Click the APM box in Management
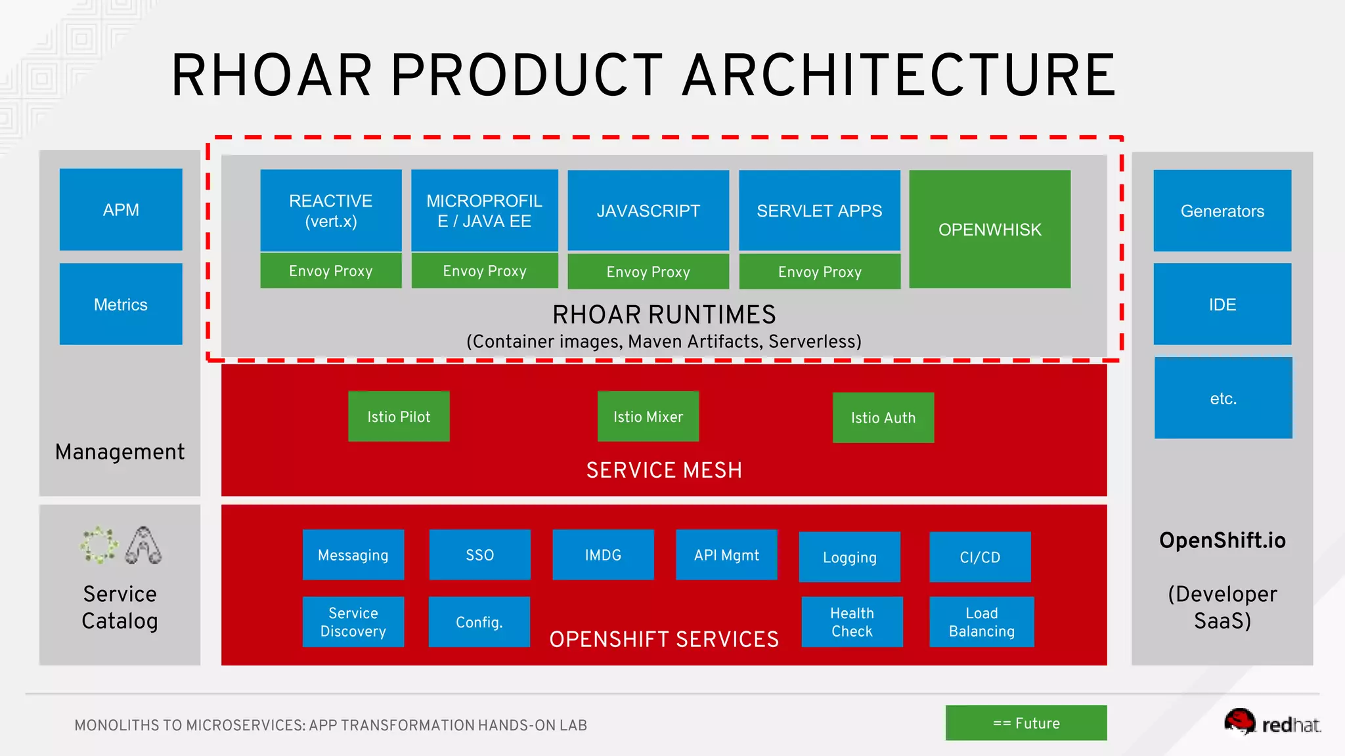click(121, 209)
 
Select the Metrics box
click(121, 304)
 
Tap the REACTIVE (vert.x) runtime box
click(331, 210)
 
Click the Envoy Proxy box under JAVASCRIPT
click(648, 272)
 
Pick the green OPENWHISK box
click(990, 229)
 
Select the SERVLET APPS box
click(819, 210)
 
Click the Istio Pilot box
click(399, 417)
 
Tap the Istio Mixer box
click(648, 417)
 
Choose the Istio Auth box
click(883, 417)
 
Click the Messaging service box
click(353, 555)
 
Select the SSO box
click(479, 555)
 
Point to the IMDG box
click(603, 555)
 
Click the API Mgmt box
click(726, 555)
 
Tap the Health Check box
click(852, 621)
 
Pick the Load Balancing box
click(982, 621)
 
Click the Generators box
click(1222, 211)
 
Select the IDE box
click(1222, 304)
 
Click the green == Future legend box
click(1026, 723)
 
